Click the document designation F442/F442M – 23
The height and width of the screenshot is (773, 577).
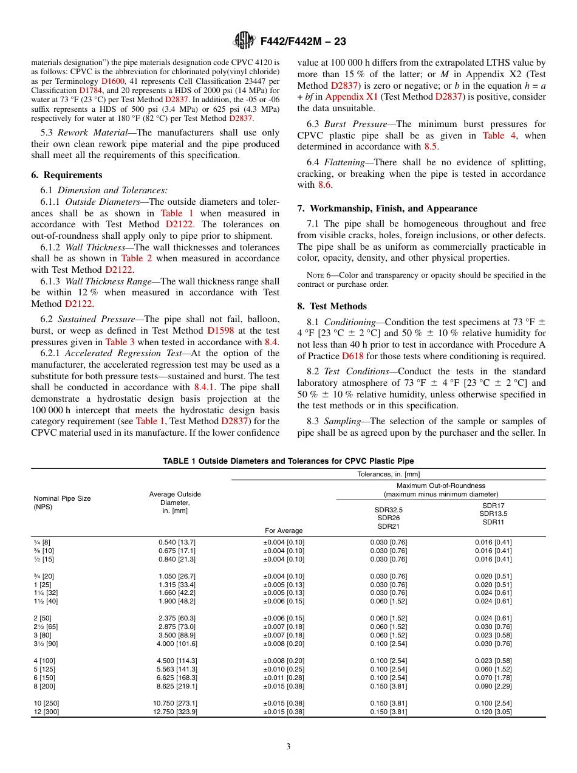point(302,41)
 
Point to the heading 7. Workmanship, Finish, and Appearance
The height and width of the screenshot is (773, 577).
point(387,208)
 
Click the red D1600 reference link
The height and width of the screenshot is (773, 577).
point(114,80)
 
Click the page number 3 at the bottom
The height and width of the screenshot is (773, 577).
point(288,747)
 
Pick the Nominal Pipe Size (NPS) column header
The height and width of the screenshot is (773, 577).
point(62,503)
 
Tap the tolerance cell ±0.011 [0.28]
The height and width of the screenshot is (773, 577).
point(283,678)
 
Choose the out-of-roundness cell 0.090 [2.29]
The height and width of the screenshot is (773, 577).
point(493,686)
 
